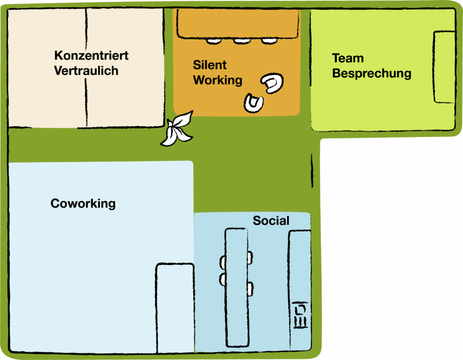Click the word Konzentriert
pos(91,56)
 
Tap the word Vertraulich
pos(86,71)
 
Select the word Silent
pos(210,65)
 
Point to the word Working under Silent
pos(217,80)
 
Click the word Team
pos(348,58)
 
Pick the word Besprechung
pos(372,73)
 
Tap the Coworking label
pos(83,204)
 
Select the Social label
pos(271,221)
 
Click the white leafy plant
pos(177,130)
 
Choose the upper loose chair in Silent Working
pos(273,83)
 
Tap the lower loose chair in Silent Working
pos(254,103)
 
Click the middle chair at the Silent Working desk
pos(242,41)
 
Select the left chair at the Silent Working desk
pos(214,41)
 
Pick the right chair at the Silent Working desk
pos(269,41)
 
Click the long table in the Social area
pos(236,287)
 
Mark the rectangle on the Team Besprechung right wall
pos(444,67)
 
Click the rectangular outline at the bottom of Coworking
pos(175,308)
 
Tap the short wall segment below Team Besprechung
pos(312,170)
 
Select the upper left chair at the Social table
pos(222,261)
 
